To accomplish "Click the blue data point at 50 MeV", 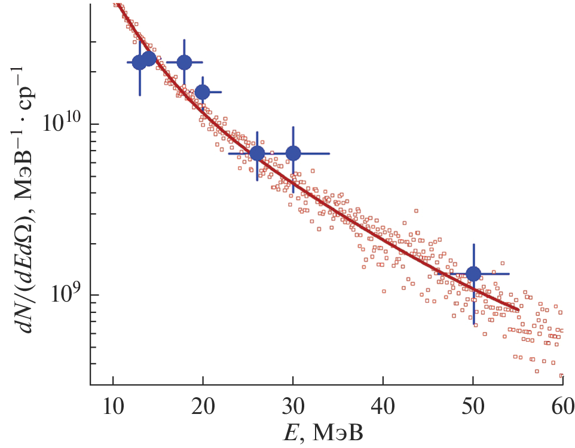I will [473, 274].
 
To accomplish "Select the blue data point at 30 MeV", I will [293, 154].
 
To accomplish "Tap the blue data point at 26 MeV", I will [257, 154].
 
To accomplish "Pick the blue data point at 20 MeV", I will [203, 92].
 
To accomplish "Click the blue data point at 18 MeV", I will [184, 62].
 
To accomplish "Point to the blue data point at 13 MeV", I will [139, 62].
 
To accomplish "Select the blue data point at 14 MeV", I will [149, 59].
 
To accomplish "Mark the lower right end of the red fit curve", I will [518, 310].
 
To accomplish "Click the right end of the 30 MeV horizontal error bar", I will [329, 154].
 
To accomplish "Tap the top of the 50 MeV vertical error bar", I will [473, 244].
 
